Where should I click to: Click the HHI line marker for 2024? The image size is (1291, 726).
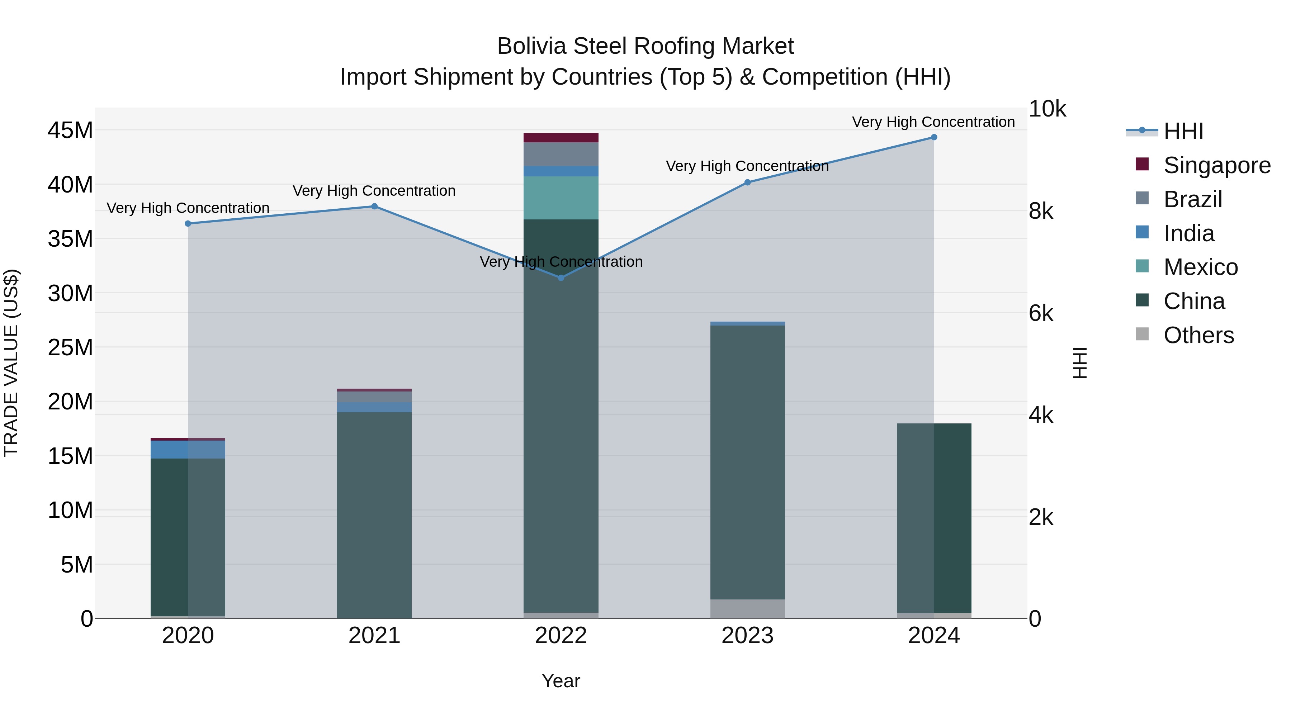click(934, 137)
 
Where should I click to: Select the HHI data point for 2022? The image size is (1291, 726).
click(561, 277)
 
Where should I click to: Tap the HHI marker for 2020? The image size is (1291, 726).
click(188, 223)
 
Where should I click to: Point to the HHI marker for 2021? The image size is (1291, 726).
click(374, 207)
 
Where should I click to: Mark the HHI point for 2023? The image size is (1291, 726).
click(747, 182)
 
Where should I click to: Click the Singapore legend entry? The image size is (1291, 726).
click(1216, 165)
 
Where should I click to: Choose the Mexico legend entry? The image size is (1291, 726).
click(1200, 267)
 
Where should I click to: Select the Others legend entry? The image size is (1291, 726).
click(1198, 335)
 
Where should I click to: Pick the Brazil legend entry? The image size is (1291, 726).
click(1192, 199)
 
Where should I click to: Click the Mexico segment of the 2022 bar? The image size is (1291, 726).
click(561, 198)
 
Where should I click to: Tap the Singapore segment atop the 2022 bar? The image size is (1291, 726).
click(561, 138)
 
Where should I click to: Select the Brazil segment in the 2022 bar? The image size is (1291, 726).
click(561, 154)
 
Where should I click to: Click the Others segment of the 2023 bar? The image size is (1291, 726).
click(747, 609)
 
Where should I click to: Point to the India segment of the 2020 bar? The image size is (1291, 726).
click(188, 450)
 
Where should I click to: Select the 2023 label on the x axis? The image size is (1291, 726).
click(747, 636)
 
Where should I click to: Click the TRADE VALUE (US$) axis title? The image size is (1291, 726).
click(11, 363)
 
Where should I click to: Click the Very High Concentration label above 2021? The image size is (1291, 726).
click(374, 191)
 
